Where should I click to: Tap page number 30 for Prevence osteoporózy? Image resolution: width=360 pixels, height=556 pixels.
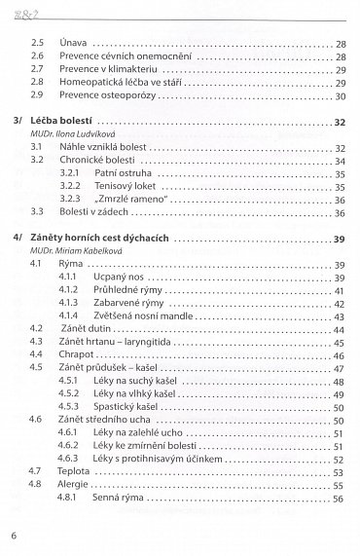pyautogui.click(x=341, y=96)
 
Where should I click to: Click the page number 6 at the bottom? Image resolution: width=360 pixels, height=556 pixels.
pyautogui.click(x=15, y=535)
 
